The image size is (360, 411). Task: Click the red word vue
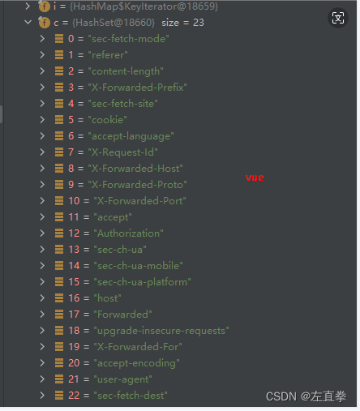click(255, 178)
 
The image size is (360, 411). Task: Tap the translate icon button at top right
click(338, 18)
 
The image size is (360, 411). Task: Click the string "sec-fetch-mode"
click(129, 39)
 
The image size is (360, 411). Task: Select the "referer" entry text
click(108, 55)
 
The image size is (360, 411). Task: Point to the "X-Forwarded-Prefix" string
click(138, 88)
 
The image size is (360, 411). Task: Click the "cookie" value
click(108, 120)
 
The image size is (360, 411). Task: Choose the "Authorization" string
click(128, 233)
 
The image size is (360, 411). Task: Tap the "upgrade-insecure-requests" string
click(161, 331)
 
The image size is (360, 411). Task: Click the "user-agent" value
click(122, 379)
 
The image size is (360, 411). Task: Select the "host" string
click(107, 298)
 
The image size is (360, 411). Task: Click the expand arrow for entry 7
click(42, 152)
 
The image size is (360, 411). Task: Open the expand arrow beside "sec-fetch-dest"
click(42, 396)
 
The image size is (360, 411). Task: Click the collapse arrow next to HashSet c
click(28, 22)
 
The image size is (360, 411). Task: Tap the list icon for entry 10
click(59, 201)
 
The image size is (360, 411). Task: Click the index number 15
click(74, 282)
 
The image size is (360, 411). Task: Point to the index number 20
click(74, 363)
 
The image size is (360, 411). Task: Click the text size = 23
click(182, 23)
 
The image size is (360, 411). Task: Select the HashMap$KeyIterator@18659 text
click(144, 6)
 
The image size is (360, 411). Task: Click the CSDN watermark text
click(306, 396)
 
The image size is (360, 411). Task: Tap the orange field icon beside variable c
click(45, 23)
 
